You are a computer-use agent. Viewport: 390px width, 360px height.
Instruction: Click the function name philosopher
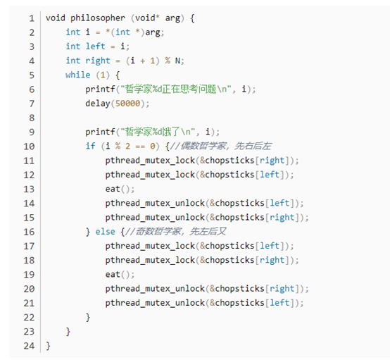pyautogui.click(x=98, y=18)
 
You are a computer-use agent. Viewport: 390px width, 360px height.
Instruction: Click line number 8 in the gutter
pyautogui.click(x=32, y=118)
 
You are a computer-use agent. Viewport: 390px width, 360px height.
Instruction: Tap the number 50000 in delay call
pyautogui.click(x=127, y=104)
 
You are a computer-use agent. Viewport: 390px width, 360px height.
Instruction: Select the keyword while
pyautogui.click(x=78, y=75)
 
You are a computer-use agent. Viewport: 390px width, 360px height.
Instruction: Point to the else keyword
pyautogui.click(x=105, y=232)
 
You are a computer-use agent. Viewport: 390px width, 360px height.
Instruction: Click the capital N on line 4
pyautogui.click(x=177, y=61)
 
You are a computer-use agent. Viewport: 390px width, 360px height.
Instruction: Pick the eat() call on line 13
pyautogui.click(x=120, y=189)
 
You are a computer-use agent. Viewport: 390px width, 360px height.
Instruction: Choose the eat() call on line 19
pyautogui.click(x=120, y=274)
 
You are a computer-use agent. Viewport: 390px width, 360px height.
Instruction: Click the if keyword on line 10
pyautogui.click(x=90, y=146)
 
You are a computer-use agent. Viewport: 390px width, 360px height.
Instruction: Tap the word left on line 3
pyautogui.click(x=95, y=46)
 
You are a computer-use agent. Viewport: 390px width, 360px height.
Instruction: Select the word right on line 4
pyautogui.click(x=98, y=61)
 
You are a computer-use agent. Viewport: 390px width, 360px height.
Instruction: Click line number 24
pyautogui.click(x=29, y=346)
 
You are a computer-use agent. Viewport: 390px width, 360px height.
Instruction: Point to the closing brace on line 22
pyautogui.click(x=88, y=318)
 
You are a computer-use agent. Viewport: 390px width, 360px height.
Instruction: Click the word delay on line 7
pyautogui.click(x=98, y=104)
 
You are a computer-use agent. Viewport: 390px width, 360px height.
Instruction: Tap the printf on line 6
pyautogui.click(x=100, y=89)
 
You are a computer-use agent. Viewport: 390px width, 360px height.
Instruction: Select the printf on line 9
pyautogui.click(x=100, y=132)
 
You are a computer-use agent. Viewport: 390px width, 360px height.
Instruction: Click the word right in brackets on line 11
pyautogui.click(x=272, y=161)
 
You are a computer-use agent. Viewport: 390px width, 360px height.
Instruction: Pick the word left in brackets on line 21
pyautogui.click(x=279, y=303)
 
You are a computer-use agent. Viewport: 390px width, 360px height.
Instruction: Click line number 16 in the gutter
pyautogui.click(x=29, y=232)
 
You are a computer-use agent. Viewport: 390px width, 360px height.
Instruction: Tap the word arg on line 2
pyautogui.click(x=153, y=32)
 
